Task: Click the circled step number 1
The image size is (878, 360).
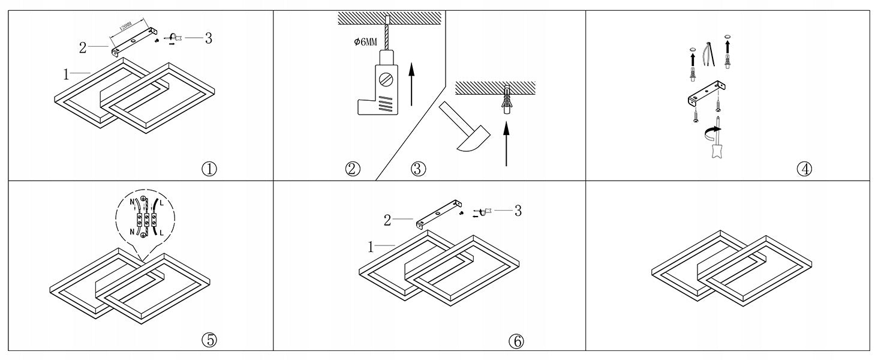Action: click(x=209, y=169)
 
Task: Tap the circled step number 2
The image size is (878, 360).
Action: click(x=353, y=169)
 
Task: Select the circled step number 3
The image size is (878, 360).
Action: click(x=418, y=169)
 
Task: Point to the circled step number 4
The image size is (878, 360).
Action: click(x=804, y=169)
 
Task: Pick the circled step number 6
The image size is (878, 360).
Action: click(x=516, y=341)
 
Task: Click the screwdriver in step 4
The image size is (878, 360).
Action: click(x=714, y=144)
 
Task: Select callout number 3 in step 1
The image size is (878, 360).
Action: click(x=208, y=38)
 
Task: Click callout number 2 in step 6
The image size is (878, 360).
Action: click(x=387, y=220)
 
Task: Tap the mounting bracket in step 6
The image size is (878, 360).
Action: click(x=440, y=214)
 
